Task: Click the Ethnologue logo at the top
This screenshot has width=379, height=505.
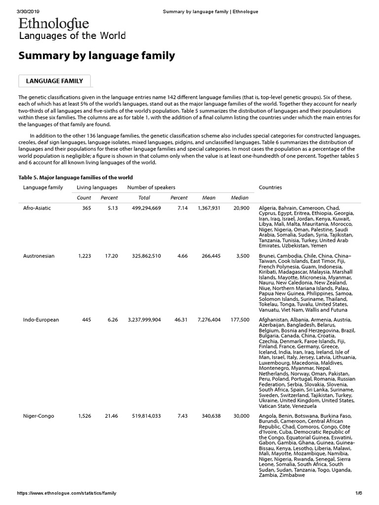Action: [54, 24]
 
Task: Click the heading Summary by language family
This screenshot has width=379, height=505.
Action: [97, 56]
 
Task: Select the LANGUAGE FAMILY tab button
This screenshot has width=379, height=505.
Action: [54, 81]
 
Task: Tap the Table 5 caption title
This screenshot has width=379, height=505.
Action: [76, 178]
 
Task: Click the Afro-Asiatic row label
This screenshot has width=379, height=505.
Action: [37, 208]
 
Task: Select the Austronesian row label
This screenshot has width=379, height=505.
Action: [38, 256]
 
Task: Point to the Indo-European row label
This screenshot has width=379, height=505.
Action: [41, 320]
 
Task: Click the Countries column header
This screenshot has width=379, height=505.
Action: [270, 187]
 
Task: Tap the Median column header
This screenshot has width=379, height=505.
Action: [240, 198]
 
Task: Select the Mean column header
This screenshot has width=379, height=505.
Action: [209, 198]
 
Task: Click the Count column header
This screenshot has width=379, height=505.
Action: [84, 198]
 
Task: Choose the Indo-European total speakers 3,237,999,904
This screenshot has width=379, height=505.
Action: [144, 320]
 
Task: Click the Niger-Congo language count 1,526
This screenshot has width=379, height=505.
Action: [85, 416]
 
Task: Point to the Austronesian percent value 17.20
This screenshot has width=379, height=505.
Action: [111, 256]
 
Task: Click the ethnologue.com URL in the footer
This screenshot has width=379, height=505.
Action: [67, 493]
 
